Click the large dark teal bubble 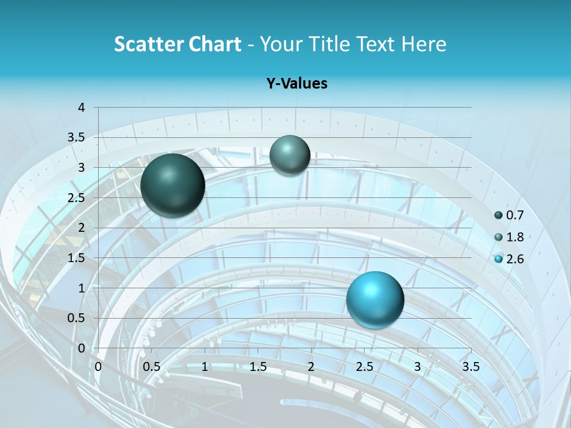click(173, 185)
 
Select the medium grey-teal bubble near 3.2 click(290, 155)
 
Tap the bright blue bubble click(375, 300)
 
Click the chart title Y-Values click(296, 84)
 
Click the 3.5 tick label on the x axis click(470, 366)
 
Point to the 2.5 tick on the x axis click(364, 366)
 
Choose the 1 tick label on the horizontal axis click(205, 366)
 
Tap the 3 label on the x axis click(418, 366)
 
